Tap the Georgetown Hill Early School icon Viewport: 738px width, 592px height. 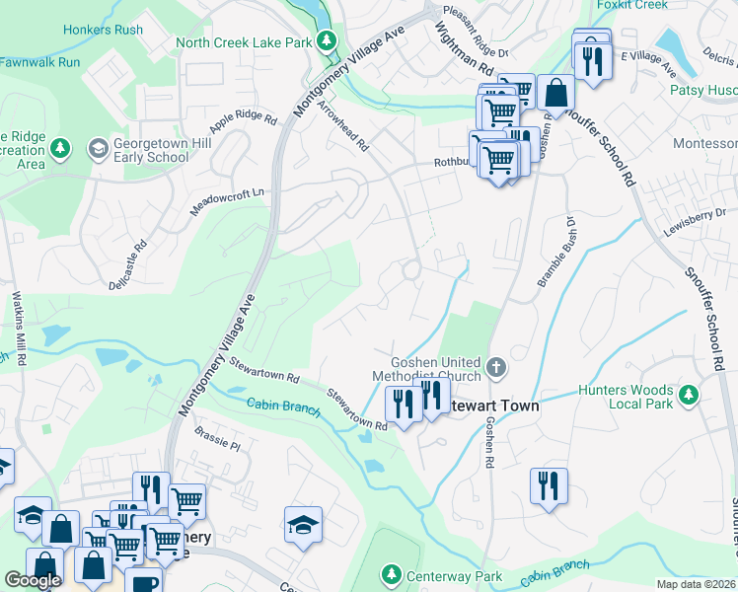click(x=98, y=149)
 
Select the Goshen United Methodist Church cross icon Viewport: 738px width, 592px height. click(x=496, y=368)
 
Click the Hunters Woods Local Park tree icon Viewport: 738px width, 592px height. click(x=689, y=396)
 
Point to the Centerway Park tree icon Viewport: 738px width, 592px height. click(x=392, y=575)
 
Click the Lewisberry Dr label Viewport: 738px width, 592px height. click(x=693, y=214)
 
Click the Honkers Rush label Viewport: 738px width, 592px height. click(x=103, y=30)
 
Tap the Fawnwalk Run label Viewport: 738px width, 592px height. click(x=39, y=62)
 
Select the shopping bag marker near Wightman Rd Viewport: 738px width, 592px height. click(x=555, y=95)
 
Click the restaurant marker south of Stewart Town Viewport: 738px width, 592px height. click(x=549, y=486)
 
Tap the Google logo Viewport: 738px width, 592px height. click(x=34, y=580)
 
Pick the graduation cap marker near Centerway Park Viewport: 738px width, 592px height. click(x=304, y=524)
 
